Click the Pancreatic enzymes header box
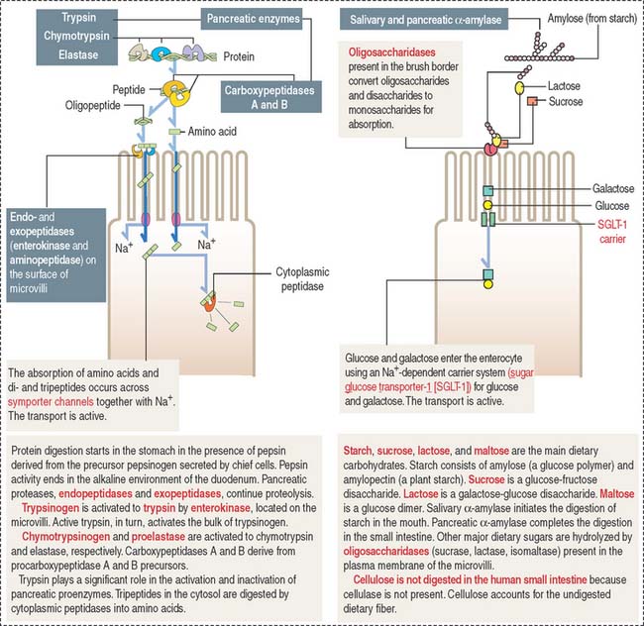[256, 19]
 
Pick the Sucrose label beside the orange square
[560, 102]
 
